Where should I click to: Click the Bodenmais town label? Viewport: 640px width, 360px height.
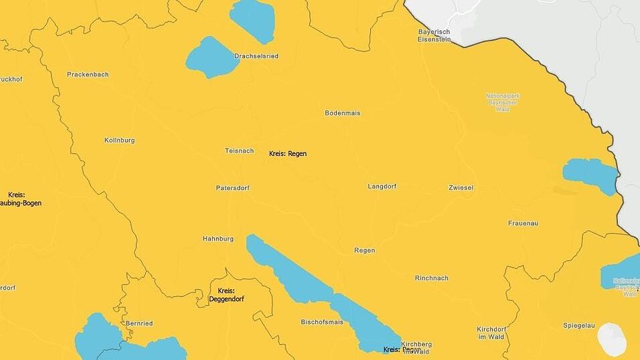tap(342, 113)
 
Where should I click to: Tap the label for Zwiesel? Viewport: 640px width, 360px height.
tap(461, 187)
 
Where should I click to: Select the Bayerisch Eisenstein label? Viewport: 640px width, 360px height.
tap(434, 36)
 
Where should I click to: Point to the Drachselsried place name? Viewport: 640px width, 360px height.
tap(256, 56)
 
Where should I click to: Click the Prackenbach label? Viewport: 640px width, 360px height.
tap(88, 74)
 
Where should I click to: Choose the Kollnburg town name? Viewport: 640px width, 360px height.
tap(120, 141)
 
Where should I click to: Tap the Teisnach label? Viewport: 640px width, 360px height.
tap(239, 151)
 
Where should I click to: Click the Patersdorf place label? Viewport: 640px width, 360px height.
tap(232, 188)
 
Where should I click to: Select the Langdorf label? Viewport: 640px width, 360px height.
tap(382, 186)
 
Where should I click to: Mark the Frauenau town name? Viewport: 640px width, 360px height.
tap(523, 223)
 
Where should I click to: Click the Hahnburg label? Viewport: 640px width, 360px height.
tap(218, 239)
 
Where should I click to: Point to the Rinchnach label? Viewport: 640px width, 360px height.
tap(431, 278)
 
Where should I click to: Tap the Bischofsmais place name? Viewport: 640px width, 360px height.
tap(322, 322)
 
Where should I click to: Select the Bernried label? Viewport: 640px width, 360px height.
tap(139, 323)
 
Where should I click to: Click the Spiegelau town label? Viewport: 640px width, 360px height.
tap(578, 325)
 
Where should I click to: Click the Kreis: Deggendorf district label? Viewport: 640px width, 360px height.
tap(226, 295)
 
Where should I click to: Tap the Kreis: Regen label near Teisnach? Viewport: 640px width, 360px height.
tap(288, 154)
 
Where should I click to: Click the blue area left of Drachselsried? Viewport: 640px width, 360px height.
tap(212, 58)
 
